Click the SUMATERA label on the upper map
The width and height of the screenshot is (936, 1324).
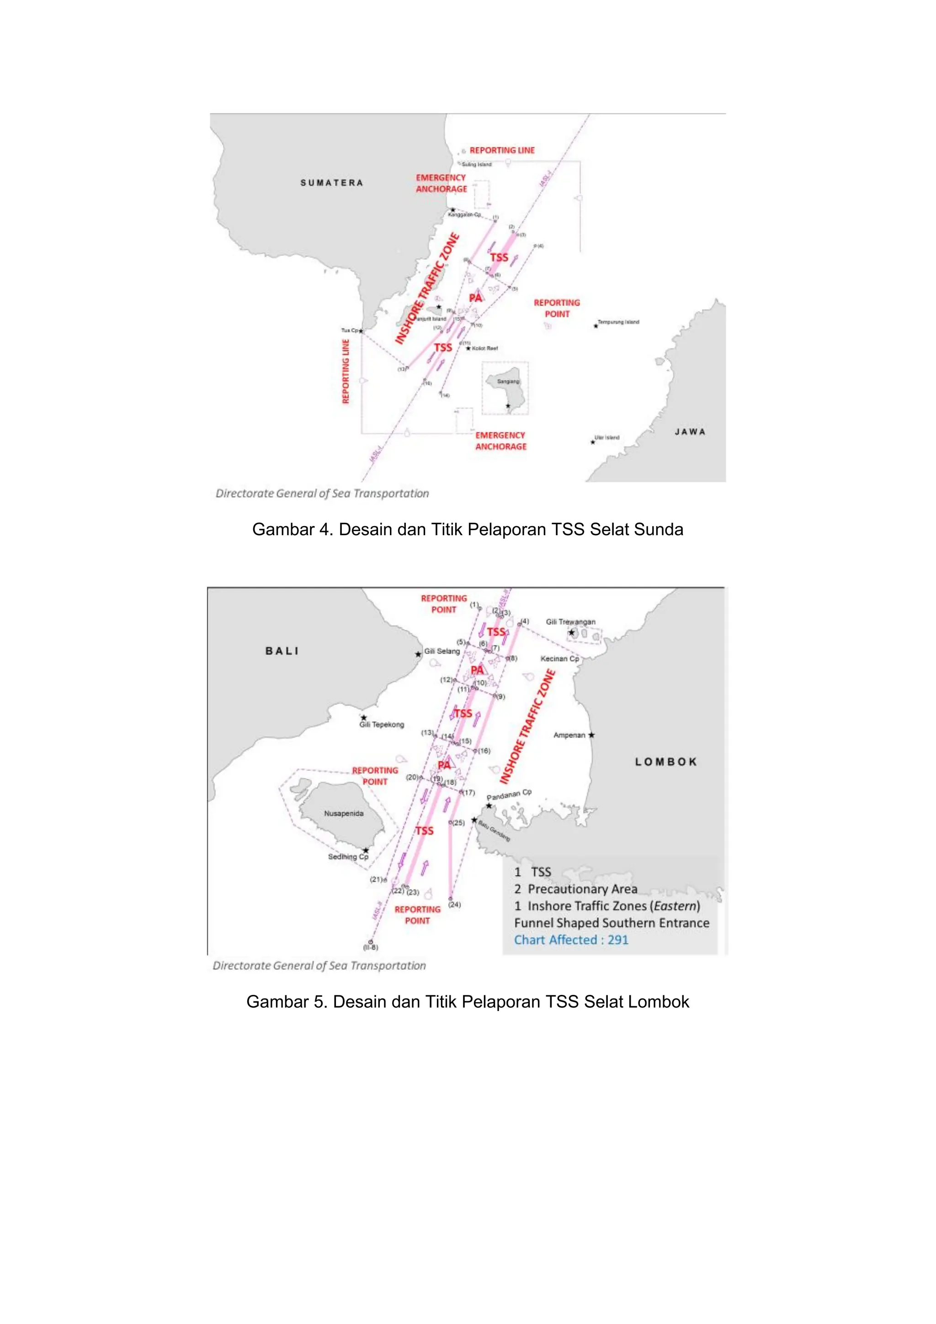pos(332,183)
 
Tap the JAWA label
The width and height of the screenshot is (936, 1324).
pos(690,431)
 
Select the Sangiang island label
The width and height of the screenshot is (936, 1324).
pos(508,381)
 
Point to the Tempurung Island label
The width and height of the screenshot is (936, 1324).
pos(618,322)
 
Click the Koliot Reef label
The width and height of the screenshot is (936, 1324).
pos(485,348)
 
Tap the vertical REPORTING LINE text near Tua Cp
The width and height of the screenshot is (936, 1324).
pos(346,372)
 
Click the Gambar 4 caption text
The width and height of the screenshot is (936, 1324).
pos(467,529)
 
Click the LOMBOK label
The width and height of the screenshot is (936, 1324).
pos(666,762)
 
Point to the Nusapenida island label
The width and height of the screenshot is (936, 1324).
pos(344,813)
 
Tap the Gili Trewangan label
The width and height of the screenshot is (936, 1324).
pos(570,622)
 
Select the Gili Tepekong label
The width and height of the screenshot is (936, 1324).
pos(381,724)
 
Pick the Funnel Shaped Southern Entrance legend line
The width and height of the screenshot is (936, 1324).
pos(612,923)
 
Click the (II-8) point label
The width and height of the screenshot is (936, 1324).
pos(370,947)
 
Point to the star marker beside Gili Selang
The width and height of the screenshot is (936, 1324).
pos(418,654)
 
